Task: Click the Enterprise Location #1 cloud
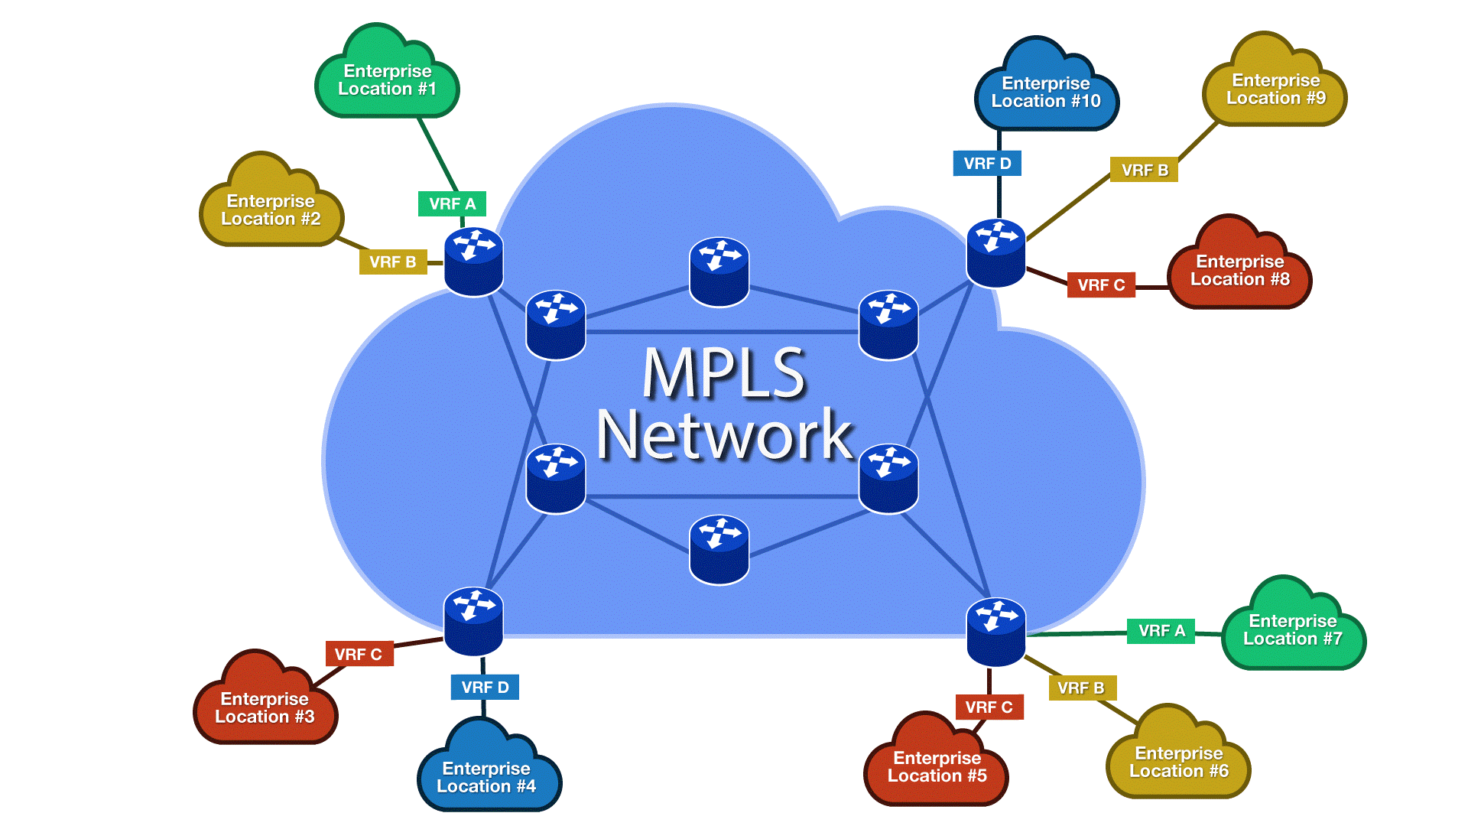point(387,80)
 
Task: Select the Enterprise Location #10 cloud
point(1045,92)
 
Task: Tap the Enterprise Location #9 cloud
point(1275,89)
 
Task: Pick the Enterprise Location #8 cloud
point(1239,270)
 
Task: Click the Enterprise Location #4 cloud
point(486,776)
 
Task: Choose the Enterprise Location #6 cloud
point(1178,762)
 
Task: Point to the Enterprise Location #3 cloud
point(265,707)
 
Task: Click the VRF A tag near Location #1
point(452,204)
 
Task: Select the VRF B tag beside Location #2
point(392,262)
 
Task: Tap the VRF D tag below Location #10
point(987,164)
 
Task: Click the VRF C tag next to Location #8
point(1101,285)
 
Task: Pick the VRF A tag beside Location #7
point(1161,631)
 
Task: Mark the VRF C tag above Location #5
point(989,707)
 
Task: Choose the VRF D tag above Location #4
point(485,688)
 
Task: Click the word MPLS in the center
point(723,373)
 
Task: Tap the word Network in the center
point(723,434)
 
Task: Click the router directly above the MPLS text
point(719,272)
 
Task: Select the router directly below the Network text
point(719,549)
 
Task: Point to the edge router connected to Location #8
point(995,253)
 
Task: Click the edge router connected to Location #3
point(473,622)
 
